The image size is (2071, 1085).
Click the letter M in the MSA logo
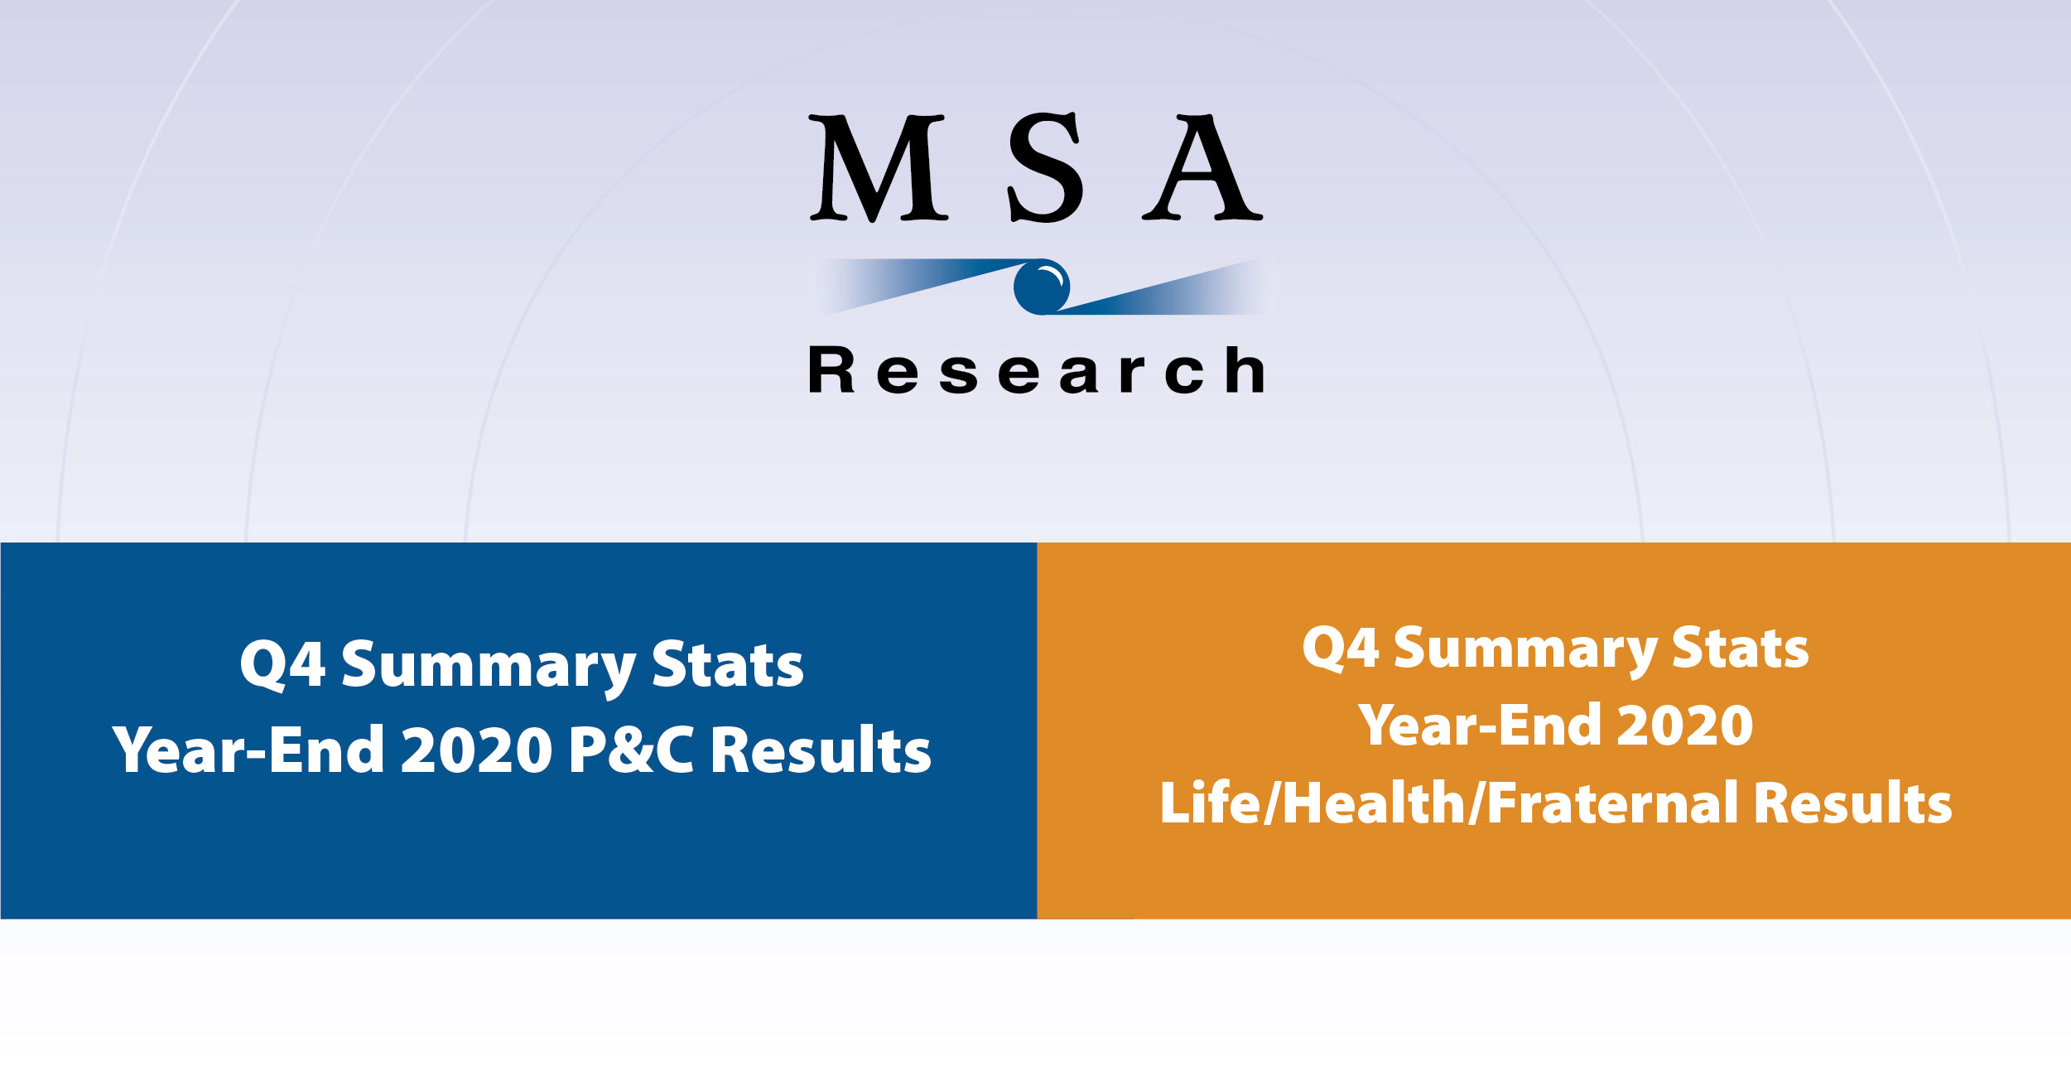[x=878, y=168]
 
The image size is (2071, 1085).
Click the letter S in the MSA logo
[x=1045, y=168]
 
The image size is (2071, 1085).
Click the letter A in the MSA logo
[x=1202, y=168]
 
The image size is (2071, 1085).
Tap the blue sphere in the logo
[x=1041, y=287]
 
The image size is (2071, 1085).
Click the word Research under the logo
[x=1036, y=370]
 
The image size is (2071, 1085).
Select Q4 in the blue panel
[x=282, y=665]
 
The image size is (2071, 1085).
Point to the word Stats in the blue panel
[x=727, y=665]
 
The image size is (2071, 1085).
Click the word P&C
[x=631, y=750]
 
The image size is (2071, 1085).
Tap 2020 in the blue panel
[x=476, y=750]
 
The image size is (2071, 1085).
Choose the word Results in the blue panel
[x=821, y=750]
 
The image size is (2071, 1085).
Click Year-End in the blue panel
[x=248, y=750]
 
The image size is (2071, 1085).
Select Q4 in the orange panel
[x=1340, y=648]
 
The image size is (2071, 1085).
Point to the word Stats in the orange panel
[x=1740, y=648]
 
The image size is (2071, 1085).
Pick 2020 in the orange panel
[x=1684, y=726]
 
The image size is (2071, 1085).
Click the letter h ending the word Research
[x=1245, y=370]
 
